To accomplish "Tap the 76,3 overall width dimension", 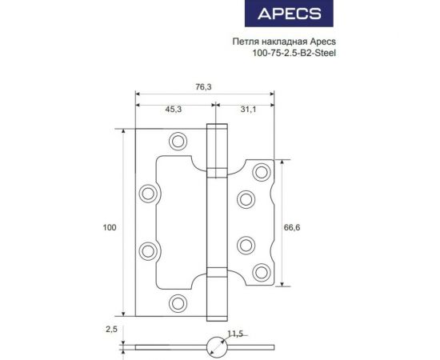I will (x=204, y=88).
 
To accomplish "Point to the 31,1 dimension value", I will (x=248, y=111).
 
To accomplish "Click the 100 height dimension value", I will (x=110, y=228).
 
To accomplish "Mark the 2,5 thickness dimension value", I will (x=112, y=328).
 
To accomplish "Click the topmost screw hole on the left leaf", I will (x=178, y=143).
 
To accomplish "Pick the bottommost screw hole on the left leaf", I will (x=178, y=303).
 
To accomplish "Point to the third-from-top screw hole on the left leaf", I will (x=148, y=251).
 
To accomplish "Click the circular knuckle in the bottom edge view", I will (x=215, y=347).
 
